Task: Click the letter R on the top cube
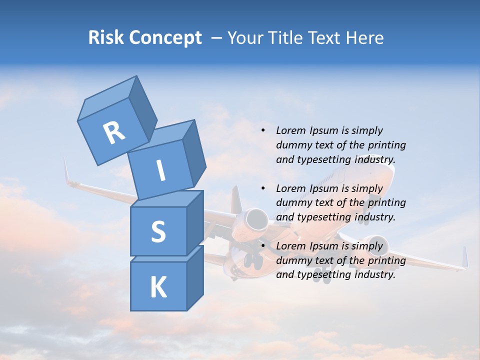[x=114, y=132]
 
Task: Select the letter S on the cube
[x=158, y=231]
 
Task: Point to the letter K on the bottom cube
[x=158, y=287]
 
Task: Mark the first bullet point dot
[x=263, y=130]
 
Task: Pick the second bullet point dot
[x=263, y=188]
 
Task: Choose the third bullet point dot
[x=263, y=246]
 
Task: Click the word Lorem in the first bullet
[x=290, y=130]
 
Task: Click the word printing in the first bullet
[x=386, y=145]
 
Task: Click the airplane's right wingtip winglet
[x=464, y=257]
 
